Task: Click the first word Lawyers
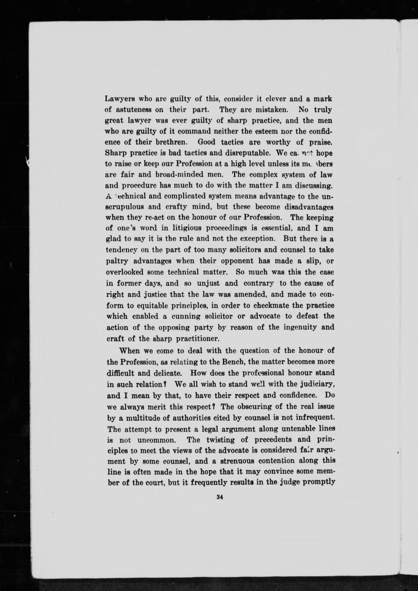[x=118, y=98]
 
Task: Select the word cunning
[x=181, y=316]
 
